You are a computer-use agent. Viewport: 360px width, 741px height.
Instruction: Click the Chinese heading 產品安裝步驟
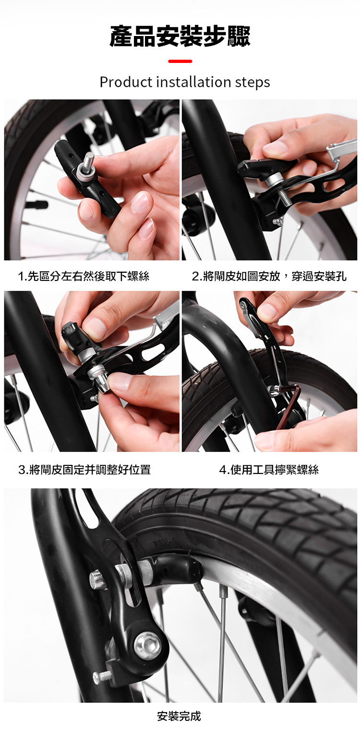point(180,36)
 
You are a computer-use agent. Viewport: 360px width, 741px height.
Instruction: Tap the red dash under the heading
point(180,61)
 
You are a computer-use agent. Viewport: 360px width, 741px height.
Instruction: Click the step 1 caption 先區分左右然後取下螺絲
point(84,276)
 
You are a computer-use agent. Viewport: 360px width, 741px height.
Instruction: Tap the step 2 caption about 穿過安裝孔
point(269,276)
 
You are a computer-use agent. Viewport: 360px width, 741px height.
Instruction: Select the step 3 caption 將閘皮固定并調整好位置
point(84,469)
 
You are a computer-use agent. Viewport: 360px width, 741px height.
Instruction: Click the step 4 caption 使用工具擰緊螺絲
point(269,469)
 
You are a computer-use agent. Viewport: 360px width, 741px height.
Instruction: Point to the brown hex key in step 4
point(287,403)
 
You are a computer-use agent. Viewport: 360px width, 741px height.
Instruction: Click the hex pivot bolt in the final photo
point(147,645)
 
